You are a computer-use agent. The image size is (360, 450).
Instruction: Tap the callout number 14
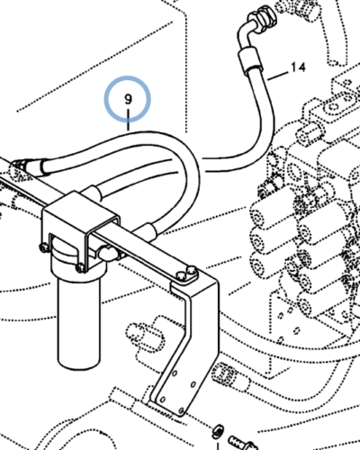[300, 68]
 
